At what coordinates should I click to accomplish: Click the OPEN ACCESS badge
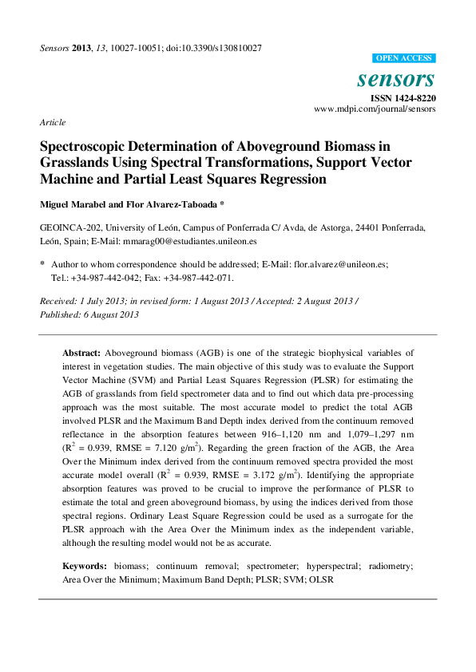tap(404, 58)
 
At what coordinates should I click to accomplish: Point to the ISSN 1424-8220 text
tap(402, 97)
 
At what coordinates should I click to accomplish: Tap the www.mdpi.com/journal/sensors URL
tap(375, 109)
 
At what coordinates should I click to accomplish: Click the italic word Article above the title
tap(52, 122)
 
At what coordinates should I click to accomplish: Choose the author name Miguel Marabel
tap(77, 204)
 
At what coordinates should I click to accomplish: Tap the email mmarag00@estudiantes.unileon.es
tap(189, 240)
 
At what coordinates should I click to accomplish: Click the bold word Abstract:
tap(81, 352)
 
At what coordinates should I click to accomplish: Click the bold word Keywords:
tap(85, 565)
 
